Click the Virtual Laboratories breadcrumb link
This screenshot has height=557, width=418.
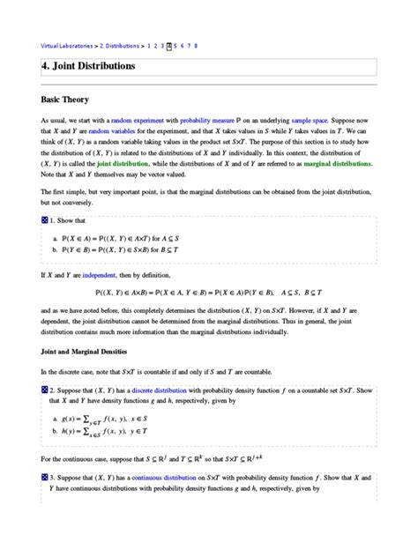[67, 45]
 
